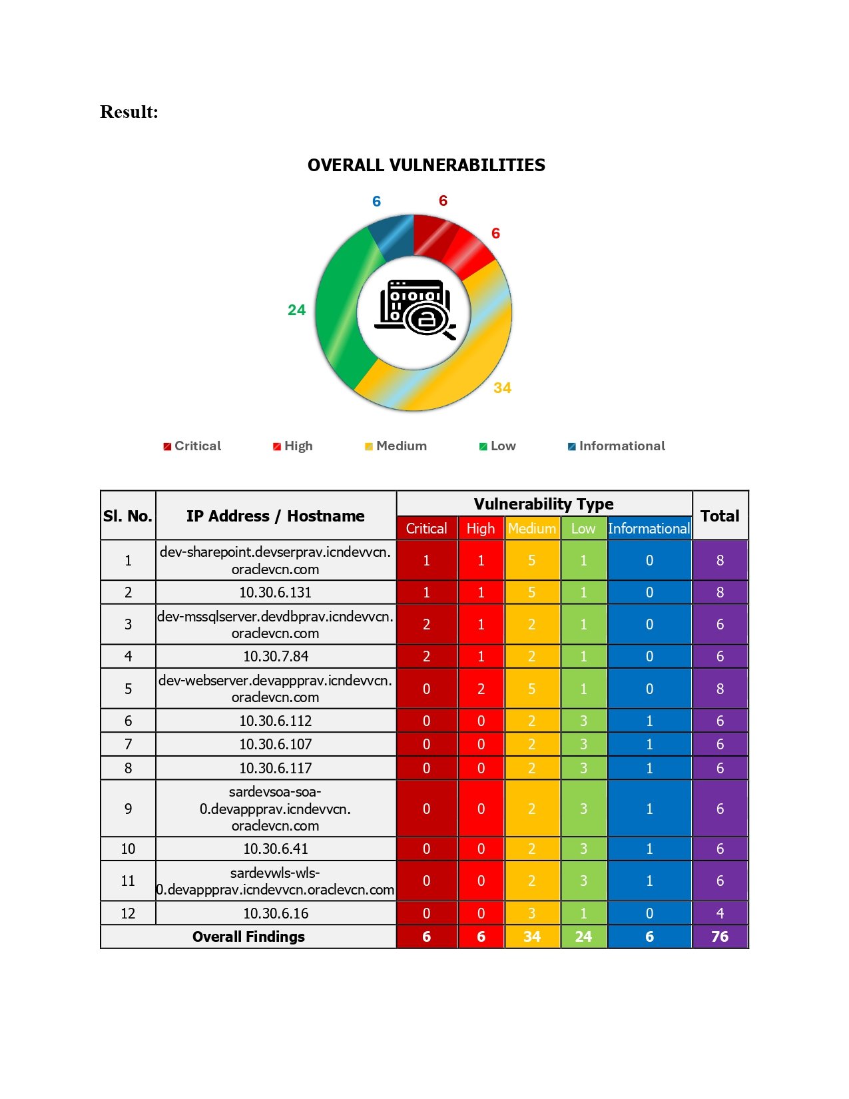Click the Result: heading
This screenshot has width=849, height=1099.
129,112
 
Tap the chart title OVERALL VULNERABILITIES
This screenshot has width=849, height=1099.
426,165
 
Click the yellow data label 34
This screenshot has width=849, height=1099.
502,388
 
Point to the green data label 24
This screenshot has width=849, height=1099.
296,310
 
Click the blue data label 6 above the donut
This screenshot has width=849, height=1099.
376,201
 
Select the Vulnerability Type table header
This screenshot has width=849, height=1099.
543,504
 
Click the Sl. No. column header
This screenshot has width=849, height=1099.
128,516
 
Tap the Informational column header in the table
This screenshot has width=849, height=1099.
649,529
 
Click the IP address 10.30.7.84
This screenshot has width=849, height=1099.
276,656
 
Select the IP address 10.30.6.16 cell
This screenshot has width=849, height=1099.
276,913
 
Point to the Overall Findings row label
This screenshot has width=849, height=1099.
248,936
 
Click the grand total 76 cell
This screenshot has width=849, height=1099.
720,936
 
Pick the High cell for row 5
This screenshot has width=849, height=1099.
481,689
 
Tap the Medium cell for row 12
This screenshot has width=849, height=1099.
532,913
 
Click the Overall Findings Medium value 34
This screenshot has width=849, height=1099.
532,936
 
